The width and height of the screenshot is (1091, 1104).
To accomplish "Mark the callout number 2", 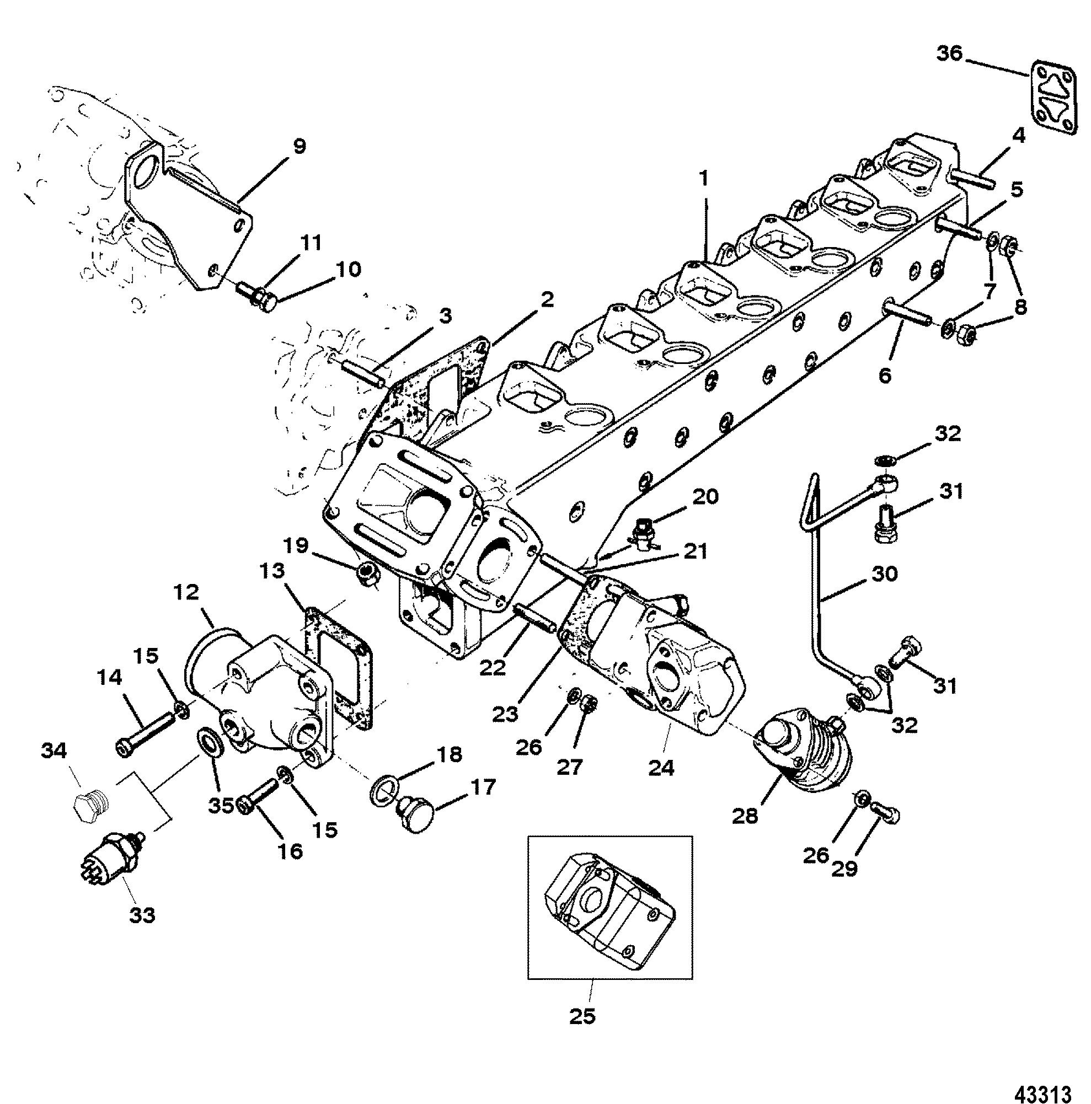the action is coord(547,300).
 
